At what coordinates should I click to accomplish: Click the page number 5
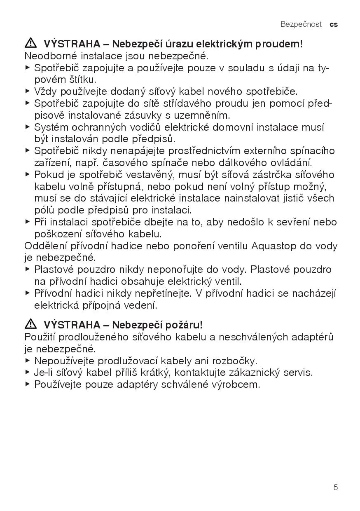(x=336, y=488)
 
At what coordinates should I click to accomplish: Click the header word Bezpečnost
(x=301, y=24)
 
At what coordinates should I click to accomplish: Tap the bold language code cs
(x=334, y=24)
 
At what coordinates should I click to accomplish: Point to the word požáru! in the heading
(x=185, y=326)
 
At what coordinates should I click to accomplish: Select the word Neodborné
(x=48, y=56)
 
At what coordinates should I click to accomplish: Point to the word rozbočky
(x=235, y=361)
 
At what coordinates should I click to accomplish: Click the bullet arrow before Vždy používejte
(x=28, y=91)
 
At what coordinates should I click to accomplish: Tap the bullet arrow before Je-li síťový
(x=28, y=373)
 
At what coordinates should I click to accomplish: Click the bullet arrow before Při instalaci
(x=28, y=222)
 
